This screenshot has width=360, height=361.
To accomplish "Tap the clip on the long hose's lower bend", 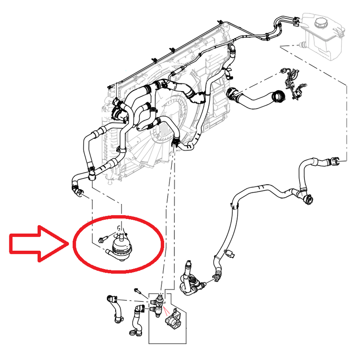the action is tap(231, 254).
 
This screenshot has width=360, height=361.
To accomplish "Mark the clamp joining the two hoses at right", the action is tap(307, 198).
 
